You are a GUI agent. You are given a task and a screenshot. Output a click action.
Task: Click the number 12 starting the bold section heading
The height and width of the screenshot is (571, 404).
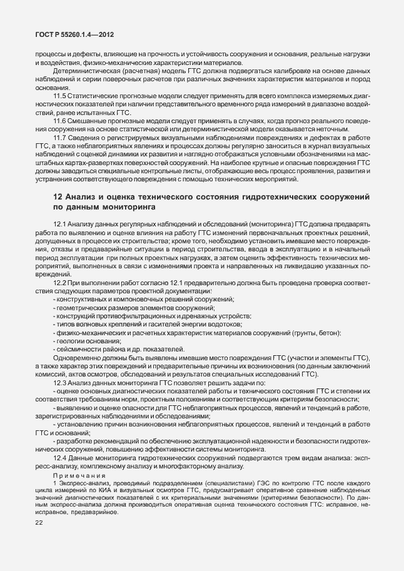57,197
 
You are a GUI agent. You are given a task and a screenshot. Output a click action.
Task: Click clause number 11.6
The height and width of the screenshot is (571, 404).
60,120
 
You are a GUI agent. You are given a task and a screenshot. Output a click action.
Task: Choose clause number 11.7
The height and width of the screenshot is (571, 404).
60,136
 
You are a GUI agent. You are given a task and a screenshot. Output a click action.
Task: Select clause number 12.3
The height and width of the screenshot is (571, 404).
60,382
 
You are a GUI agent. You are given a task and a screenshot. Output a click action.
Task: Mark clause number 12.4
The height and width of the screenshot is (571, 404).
60,458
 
